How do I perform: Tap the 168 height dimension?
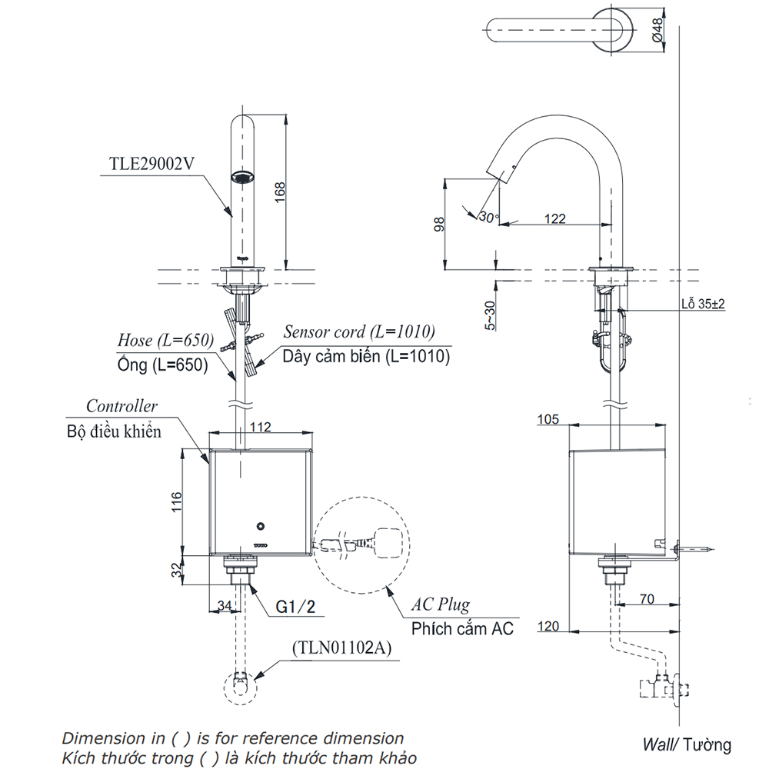tap(280, 193)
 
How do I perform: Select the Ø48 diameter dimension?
tap(657, 28)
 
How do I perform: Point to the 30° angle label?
tap(488, 217)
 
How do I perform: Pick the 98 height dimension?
tap(439, 224)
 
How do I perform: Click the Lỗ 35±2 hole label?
tap(702, 304)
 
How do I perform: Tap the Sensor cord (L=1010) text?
tap(359, 332)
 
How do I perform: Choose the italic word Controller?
tap(122, 406)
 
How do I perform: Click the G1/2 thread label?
tap(295, 608)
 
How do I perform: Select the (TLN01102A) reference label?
tap(340, 647)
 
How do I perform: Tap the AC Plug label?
tap(441, 604)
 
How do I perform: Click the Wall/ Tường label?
tap(687, 744)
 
